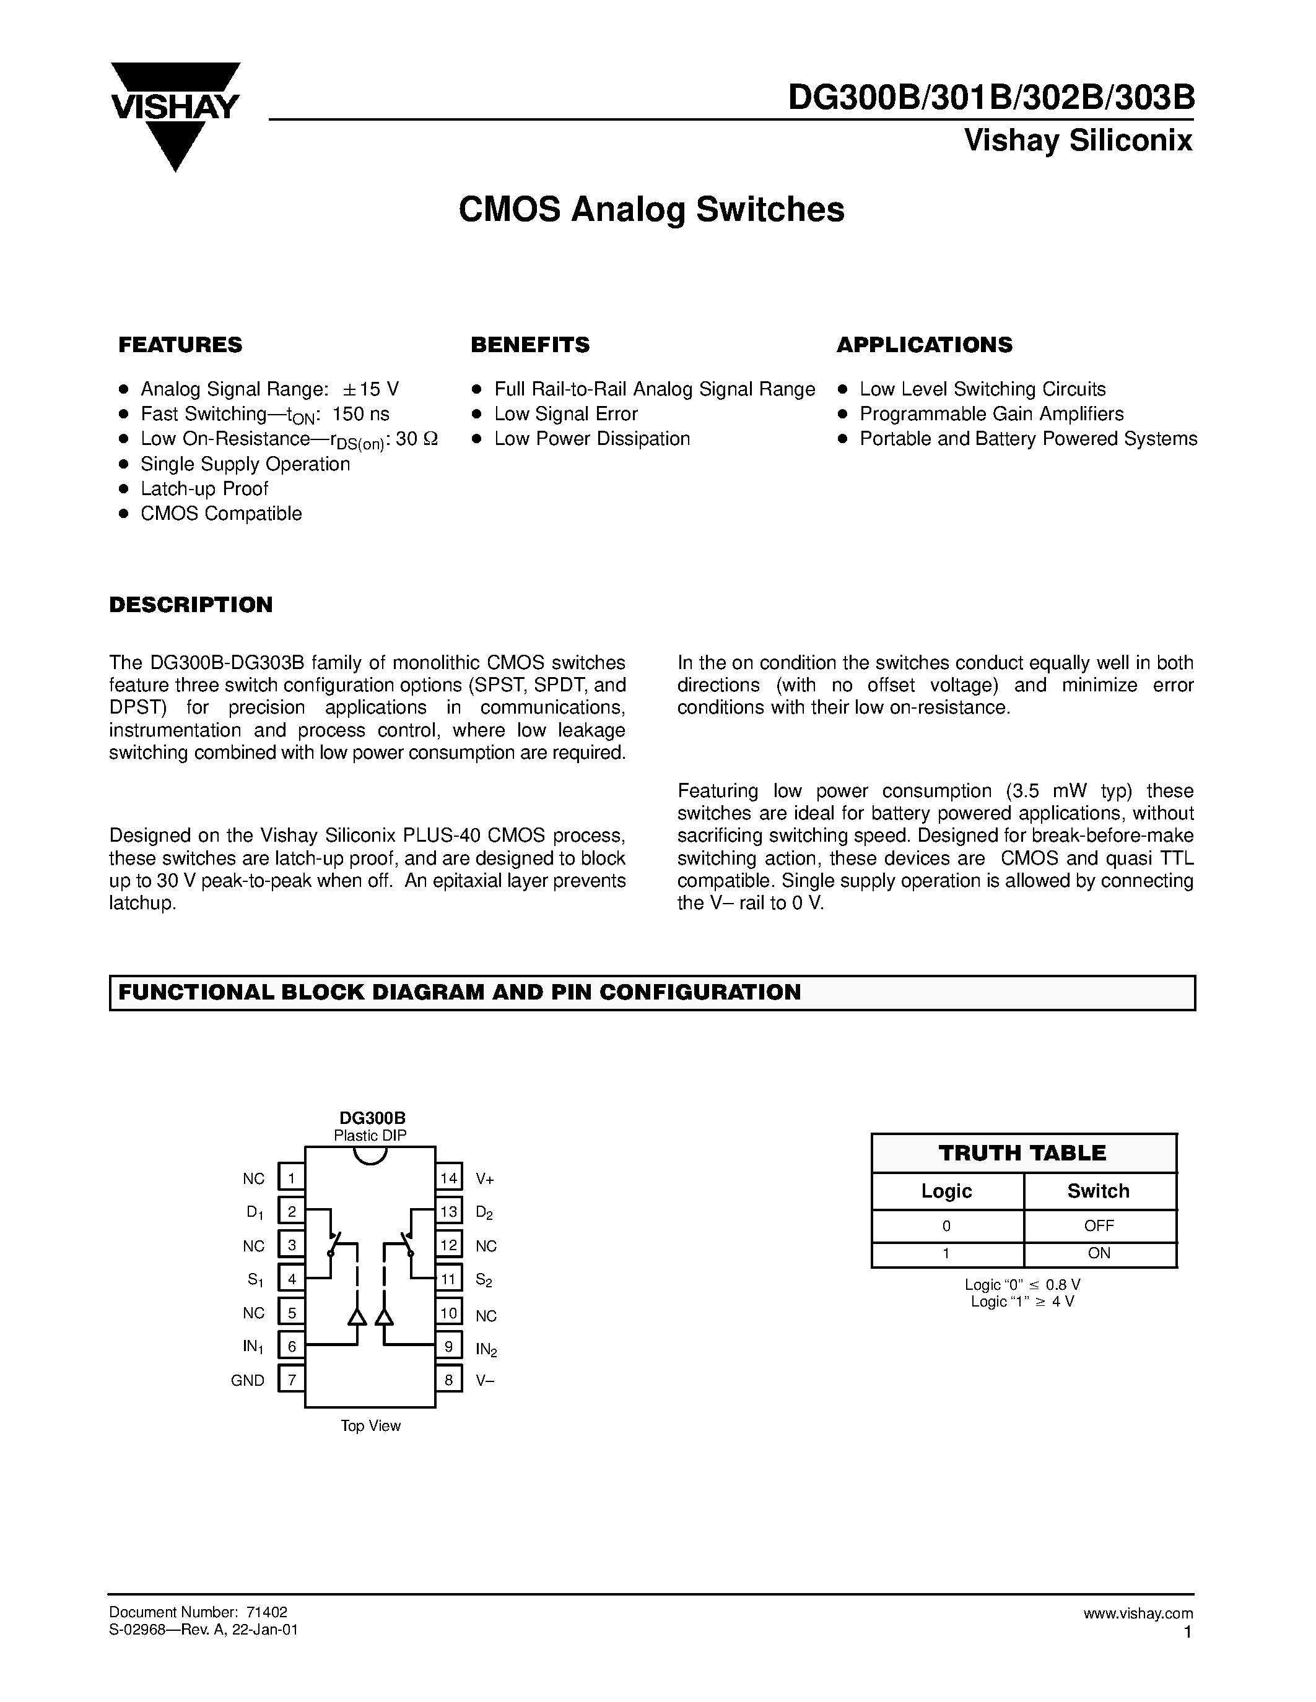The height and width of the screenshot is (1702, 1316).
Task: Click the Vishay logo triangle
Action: click(175, 117)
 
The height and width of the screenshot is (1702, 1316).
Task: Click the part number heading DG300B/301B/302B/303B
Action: click(990, 98)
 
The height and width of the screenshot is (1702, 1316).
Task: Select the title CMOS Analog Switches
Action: click(651, 210)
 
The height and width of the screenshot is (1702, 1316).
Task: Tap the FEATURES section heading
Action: click(180, 345)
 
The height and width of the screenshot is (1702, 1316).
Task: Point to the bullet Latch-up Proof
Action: click(204, 488)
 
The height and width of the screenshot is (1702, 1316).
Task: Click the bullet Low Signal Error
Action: click(565, 414)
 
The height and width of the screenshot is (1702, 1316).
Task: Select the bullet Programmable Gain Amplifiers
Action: click(991, 414)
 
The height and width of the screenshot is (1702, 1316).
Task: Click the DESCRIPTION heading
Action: click(191, 605)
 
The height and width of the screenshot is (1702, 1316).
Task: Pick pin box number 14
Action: click(448, 1178)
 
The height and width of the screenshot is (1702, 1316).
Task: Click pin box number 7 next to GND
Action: click(292, 1380)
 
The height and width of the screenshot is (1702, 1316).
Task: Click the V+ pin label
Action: click(485, 1179)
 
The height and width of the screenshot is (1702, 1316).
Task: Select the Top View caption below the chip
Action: click(370, 1426)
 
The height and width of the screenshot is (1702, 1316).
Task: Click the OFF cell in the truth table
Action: click(1099, 1226)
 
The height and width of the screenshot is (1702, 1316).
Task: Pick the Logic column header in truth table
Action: click(946, 1191)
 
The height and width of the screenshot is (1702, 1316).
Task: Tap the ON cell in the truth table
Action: click(1099, 1253)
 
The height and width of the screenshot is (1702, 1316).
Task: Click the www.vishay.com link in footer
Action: click(1138, 1613)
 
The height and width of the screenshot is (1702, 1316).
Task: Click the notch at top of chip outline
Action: click(370, 1156)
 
